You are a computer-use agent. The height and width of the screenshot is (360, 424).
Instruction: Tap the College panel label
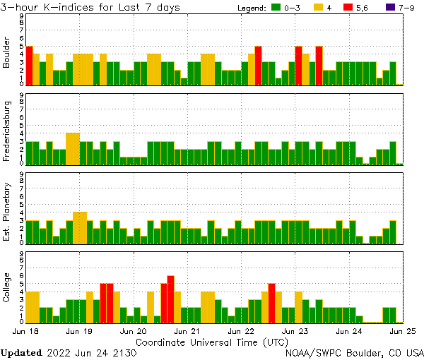coord(7,287)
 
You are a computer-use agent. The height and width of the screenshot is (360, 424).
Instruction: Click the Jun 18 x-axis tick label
coord(25,331)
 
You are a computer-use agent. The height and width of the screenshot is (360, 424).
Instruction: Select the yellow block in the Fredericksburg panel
coord(73,148)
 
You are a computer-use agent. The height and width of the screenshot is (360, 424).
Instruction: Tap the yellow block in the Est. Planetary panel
coord(80,227)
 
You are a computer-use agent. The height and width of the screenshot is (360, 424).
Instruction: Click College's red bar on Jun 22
coord(272,302)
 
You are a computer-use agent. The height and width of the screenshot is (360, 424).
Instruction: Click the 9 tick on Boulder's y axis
coord(21,16)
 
